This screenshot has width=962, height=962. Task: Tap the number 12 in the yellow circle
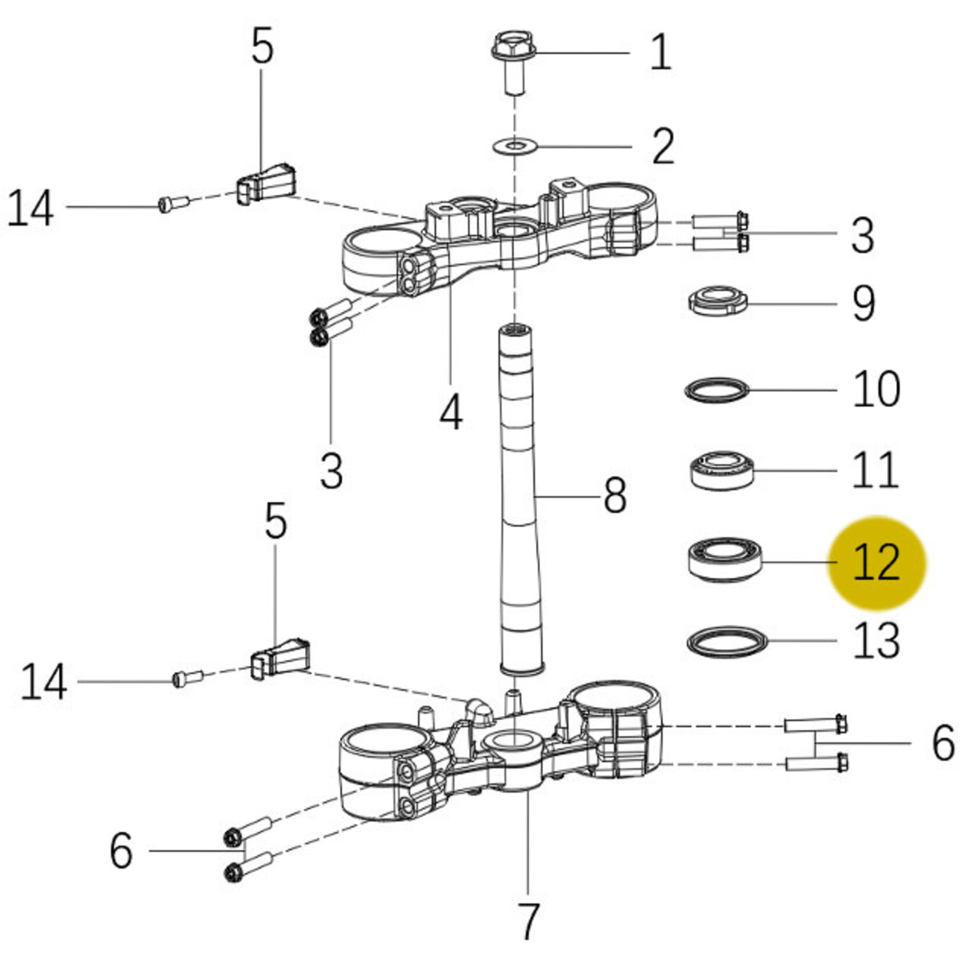876,563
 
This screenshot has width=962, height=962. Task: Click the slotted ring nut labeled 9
717,300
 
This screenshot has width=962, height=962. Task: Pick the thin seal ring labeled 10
716,390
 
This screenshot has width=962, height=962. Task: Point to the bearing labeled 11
722,469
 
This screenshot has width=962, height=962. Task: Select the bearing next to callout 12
725,560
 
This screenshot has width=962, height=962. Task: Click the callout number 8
615,496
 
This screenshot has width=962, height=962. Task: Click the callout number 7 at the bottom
528,921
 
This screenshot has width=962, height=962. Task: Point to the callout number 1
660,52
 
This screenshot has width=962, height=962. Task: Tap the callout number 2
663,146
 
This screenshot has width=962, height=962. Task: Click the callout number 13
876,641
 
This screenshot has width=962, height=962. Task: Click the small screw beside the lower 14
188,678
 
